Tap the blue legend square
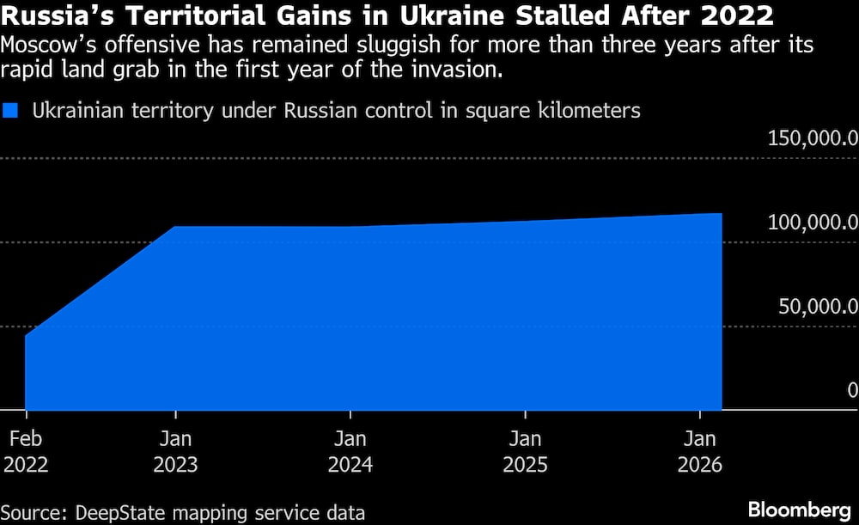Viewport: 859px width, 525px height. (12, 110)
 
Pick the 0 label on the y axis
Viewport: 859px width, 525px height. (850, 390)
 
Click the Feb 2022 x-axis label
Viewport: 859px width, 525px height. (26, 452)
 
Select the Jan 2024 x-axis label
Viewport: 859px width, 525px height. (350, 452)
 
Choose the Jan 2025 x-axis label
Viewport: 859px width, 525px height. (525, 452)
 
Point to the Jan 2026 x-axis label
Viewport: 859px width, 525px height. (700, 452)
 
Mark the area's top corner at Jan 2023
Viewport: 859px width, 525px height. (175, 227)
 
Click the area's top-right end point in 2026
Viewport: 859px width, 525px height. (722, 213)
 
